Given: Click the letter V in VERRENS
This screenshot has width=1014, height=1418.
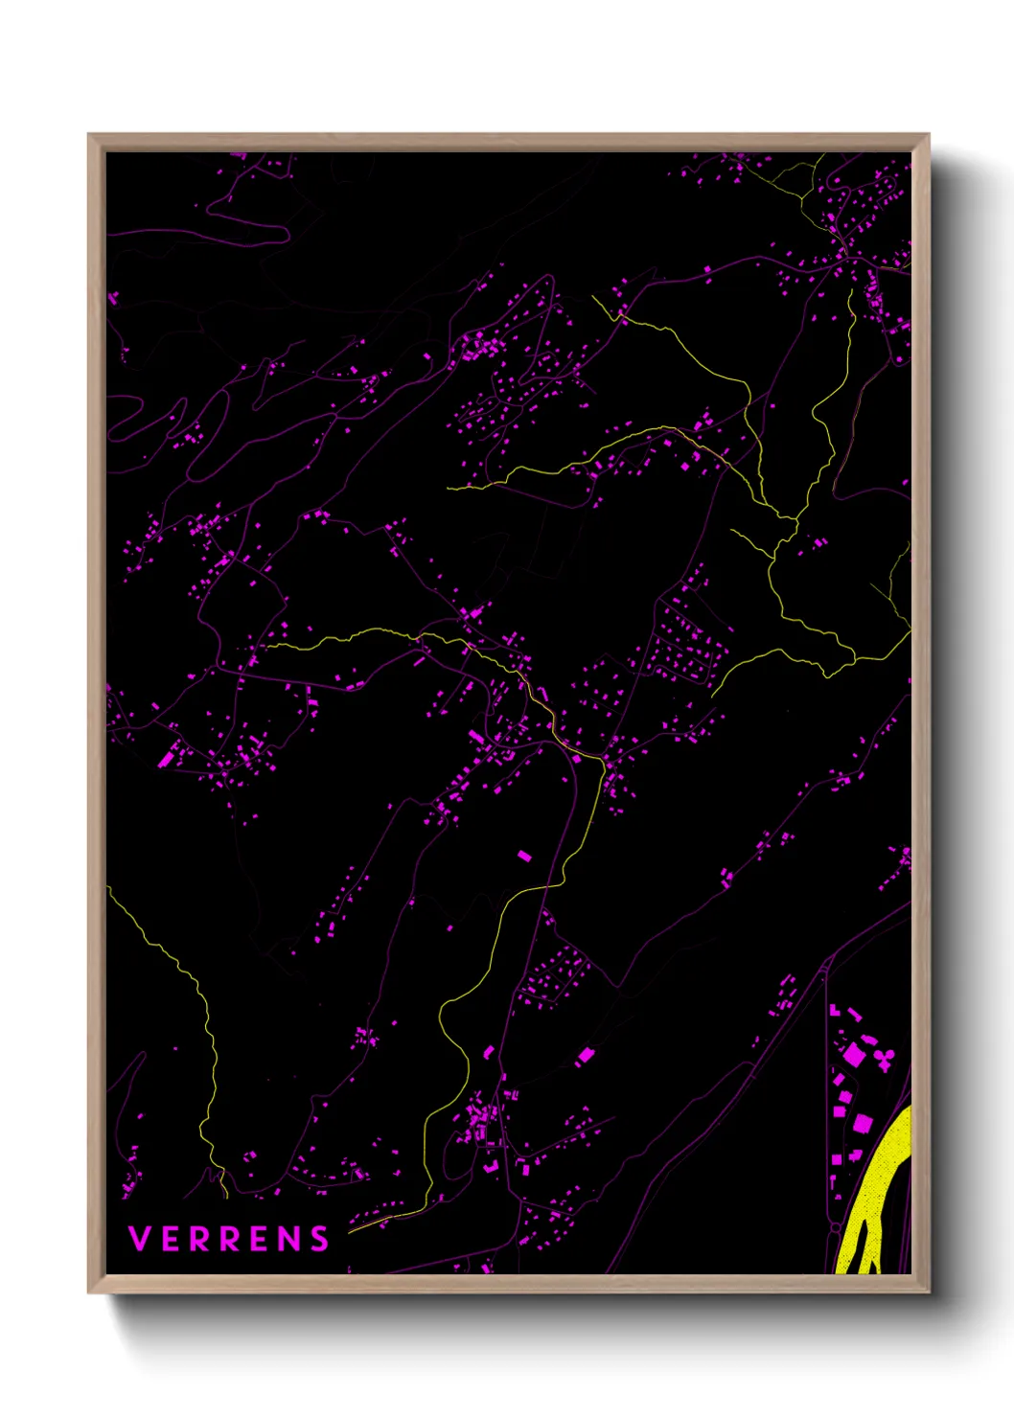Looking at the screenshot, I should (x=139, y=1239).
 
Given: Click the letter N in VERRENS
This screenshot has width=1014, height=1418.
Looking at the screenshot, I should (x=290, y=1239).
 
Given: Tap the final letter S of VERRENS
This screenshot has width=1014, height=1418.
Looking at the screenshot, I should (x=320, y=1239).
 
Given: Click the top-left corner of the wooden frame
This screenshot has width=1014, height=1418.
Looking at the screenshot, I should (x=89, y=135).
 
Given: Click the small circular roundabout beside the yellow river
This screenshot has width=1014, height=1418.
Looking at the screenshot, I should (x=836, y=1227).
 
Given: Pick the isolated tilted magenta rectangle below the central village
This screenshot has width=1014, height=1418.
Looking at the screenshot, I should (x=523, y=855).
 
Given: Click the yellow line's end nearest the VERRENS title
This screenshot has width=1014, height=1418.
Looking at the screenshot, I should (x=351, y=1230).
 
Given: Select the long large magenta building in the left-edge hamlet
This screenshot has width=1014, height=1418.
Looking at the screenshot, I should (x=166, y=759).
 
